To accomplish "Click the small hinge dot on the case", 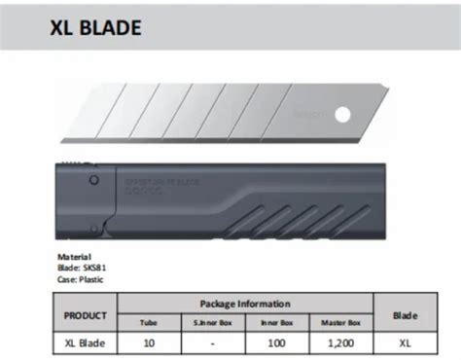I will pyautogui.click(x=93, y=182).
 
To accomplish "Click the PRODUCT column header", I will pyautogui.click(x=84, y=317).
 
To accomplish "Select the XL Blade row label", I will pyautogui.click(x=84, y=344).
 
